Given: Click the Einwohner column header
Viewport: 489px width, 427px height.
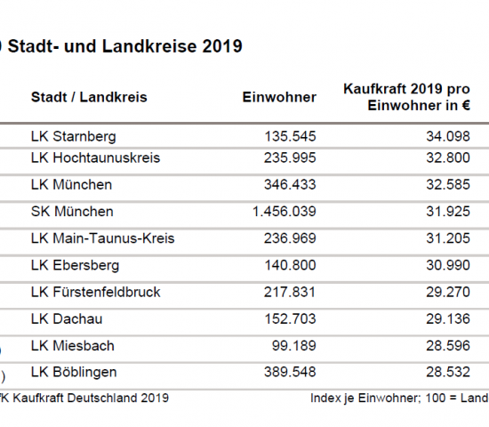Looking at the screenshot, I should click(x=279, y=97).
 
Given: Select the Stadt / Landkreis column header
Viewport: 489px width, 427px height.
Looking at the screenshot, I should click(x=89, y=97).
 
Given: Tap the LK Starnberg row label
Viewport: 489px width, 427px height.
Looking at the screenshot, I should click(x=74, y=137).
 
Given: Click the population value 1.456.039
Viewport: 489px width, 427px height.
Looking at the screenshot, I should click(x=285, y=212).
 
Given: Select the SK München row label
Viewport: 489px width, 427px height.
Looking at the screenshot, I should click(x=72, y=212).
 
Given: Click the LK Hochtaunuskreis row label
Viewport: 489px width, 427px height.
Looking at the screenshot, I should click(x=95, y=158).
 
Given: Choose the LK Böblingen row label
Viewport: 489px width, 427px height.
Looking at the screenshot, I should click(x=74, y=372).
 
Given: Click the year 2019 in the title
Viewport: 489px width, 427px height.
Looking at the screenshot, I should click(x=222, y=46).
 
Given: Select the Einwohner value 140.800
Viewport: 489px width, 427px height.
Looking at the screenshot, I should click(x=290, y=265).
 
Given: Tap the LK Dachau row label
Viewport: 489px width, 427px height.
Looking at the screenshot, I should click(x=67, y=318).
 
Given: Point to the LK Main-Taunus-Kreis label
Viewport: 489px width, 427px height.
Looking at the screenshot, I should click(x=102, y=238).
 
